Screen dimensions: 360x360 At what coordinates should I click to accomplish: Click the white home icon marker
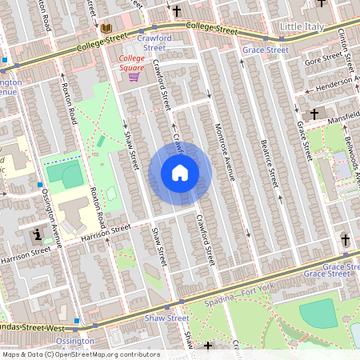pos(180,173)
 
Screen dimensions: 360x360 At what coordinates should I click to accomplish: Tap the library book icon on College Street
pos(106,30)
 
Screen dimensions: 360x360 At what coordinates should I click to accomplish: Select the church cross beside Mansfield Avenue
pos(314,114)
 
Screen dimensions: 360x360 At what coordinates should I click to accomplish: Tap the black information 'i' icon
pos(38,235)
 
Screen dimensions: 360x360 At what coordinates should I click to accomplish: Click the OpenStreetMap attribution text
pos(80,354)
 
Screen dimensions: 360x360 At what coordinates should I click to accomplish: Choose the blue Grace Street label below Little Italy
pos(265,50)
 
